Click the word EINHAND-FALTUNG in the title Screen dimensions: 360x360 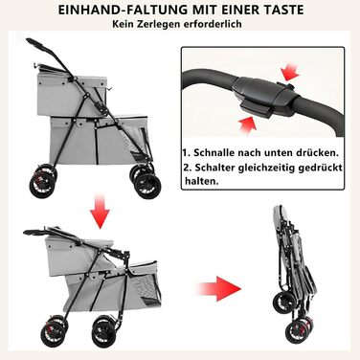(123, 10)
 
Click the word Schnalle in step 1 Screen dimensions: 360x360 (214, 152)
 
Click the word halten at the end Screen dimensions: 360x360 (202, 181)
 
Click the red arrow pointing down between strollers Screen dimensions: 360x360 (100, 211)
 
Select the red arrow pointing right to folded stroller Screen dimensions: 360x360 (218, 289)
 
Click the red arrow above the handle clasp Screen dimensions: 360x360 (292, 73)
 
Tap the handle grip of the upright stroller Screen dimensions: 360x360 (36, 44)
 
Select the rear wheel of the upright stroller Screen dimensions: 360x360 (42, 185)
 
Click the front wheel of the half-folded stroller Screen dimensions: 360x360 (105, 332)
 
